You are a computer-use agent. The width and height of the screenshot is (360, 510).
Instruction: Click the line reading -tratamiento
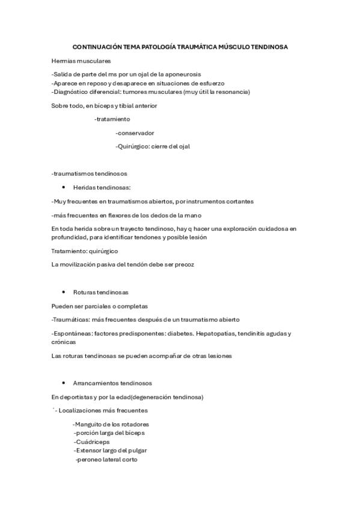(x=112, y=119)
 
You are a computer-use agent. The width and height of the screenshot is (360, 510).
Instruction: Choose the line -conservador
(x=135, y=132)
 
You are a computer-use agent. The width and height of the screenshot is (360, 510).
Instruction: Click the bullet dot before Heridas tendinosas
(x=64, y=188)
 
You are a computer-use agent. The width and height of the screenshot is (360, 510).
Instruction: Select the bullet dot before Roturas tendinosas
(x=64, y=292)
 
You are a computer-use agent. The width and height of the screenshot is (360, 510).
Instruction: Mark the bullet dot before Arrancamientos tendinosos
(x=64, y=382)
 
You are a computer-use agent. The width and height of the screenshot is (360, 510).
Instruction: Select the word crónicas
(x=63, y=342)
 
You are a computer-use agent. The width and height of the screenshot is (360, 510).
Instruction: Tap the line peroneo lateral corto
(x=106, y=459)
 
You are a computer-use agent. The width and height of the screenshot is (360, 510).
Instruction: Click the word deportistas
(x=79, y=398)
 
